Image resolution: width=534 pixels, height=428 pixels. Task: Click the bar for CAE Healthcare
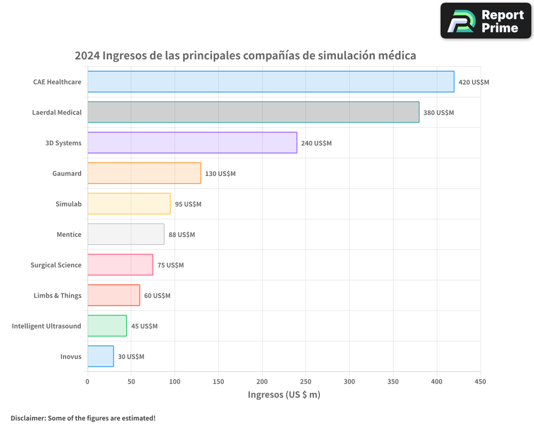(x=271, y=82)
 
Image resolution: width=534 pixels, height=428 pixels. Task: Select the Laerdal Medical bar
(x=253, y=112)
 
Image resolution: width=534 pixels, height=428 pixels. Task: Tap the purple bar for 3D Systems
(x=192, y=143)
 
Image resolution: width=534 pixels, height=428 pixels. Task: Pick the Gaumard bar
(x=144, y=173)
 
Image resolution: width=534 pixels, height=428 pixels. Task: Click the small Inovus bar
(x=100, y=356)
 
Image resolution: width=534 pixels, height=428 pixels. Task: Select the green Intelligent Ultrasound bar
(x=107, y=326)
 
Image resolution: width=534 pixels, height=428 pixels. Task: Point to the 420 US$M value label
(x=474, y=82)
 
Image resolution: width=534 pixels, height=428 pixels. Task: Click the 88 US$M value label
(x=182, y=235)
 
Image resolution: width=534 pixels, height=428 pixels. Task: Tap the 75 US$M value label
(x=170, y=265)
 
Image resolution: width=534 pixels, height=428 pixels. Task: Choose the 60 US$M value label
(x=157, y=296)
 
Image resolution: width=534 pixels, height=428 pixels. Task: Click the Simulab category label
(x=68, y=204)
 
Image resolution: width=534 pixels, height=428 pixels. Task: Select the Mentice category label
(x=69, y=234)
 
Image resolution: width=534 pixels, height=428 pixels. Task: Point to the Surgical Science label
(x=56, y=265)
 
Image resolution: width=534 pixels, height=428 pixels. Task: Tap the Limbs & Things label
(x=58, y=295)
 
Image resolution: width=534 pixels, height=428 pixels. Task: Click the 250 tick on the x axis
(x=306, y=381)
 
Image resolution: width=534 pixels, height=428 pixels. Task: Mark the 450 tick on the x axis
(x=481, y=381)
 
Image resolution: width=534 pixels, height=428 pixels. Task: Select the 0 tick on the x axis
(x=88, y=381)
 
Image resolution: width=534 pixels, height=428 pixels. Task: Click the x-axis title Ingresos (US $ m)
(x=284, y=395)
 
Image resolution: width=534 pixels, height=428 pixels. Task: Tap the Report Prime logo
(x=485, y=21)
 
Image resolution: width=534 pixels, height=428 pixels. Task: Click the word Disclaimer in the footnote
(x=27, y=418)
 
